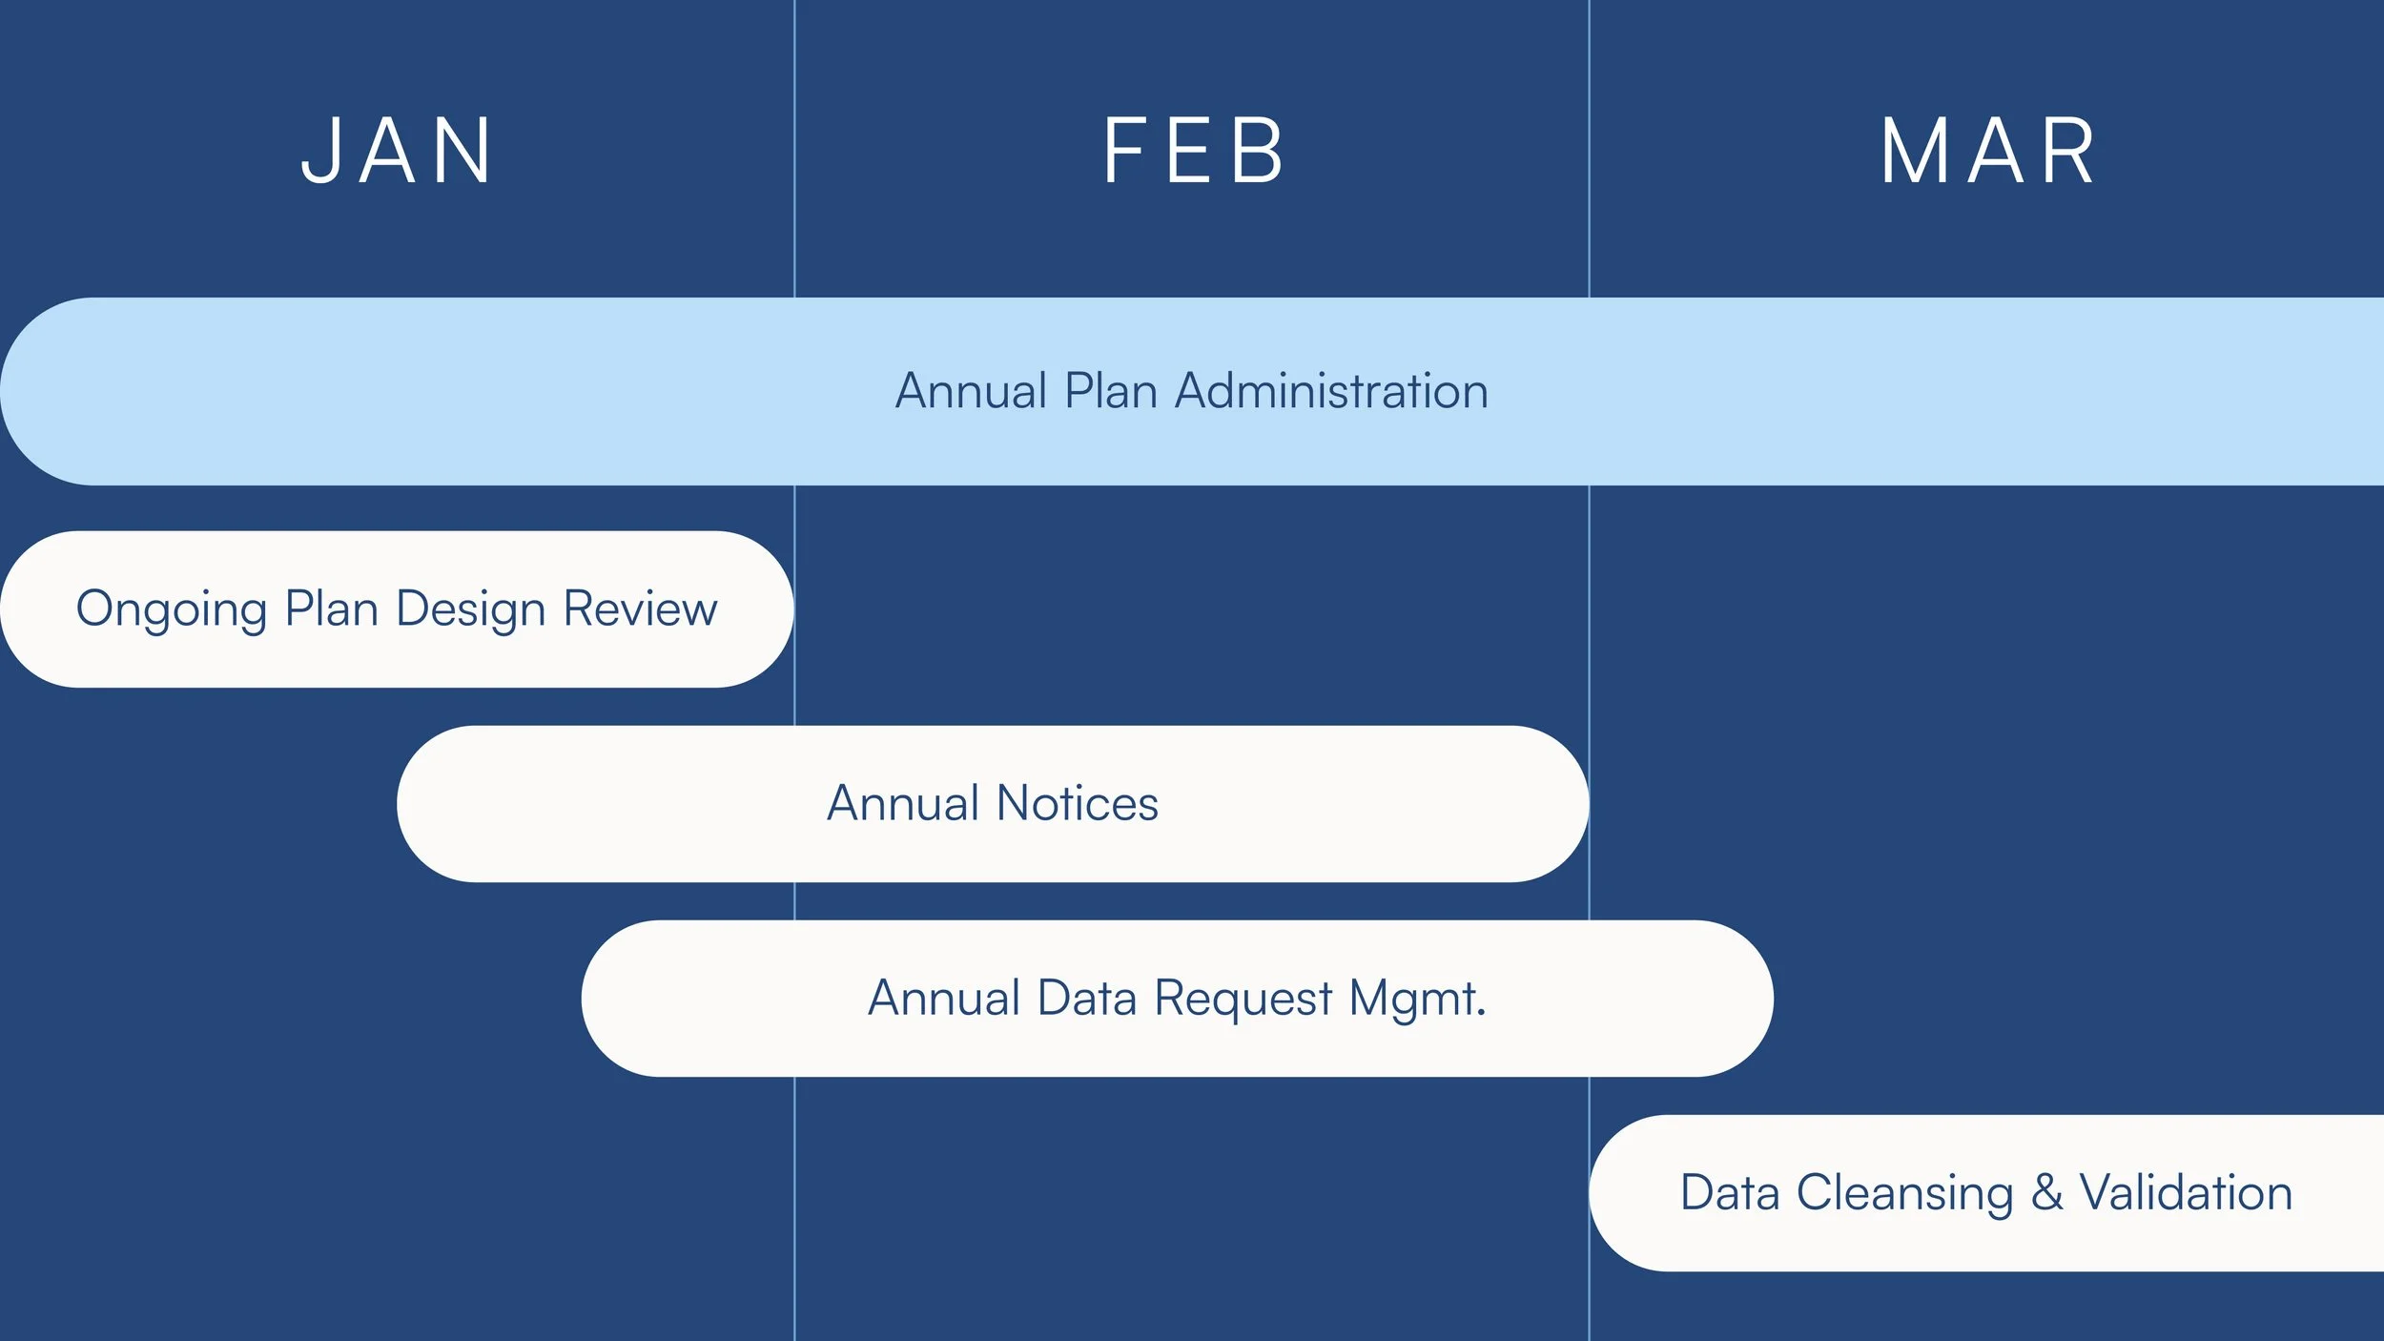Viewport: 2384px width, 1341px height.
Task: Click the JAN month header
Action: (x=396, y=151)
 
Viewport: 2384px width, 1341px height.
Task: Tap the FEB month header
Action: (x=1192, y=151)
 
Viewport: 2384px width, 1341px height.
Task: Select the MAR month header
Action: (x=1987, y=151)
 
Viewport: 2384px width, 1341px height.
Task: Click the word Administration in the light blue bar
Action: (x=1331, y=391)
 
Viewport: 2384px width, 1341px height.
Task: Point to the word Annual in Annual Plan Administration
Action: (x=971, y=391)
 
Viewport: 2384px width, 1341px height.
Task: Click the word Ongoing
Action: (x=172, y=609)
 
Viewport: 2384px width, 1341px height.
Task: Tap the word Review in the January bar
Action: (x=640, y=609)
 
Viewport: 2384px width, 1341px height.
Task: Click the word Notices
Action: (x=1077, y=803)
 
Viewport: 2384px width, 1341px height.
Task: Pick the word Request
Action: (x=1243, y=1000)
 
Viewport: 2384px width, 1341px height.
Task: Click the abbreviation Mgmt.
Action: (x=1418, y=1000)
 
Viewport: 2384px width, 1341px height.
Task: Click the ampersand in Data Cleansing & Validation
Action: (x=2046, y=1193)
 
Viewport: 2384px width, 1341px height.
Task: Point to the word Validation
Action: (x=2186, y=1193)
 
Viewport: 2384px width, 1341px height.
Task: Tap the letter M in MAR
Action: (x=1915, y=151)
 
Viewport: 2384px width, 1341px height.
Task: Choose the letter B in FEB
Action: (x=1258, y=151)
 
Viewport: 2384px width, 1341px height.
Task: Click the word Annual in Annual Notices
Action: (x=903, y=803)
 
